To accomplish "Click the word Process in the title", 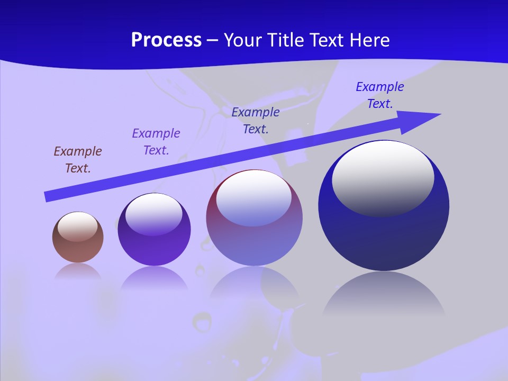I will click(x=166, y=40).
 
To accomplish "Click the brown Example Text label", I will click(x=78, y=159).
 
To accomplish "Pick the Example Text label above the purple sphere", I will click(x=156, y=141).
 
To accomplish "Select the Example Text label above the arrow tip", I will click(x=379, y=95).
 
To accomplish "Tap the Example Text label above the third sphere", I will click(x=256, y=120).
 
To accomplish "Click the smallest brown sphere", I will click(x=78, y=249).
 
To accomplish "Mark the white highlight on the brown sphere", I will click(x=77, y=226).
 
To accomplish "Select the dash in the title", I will click(x=213, y=40).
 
